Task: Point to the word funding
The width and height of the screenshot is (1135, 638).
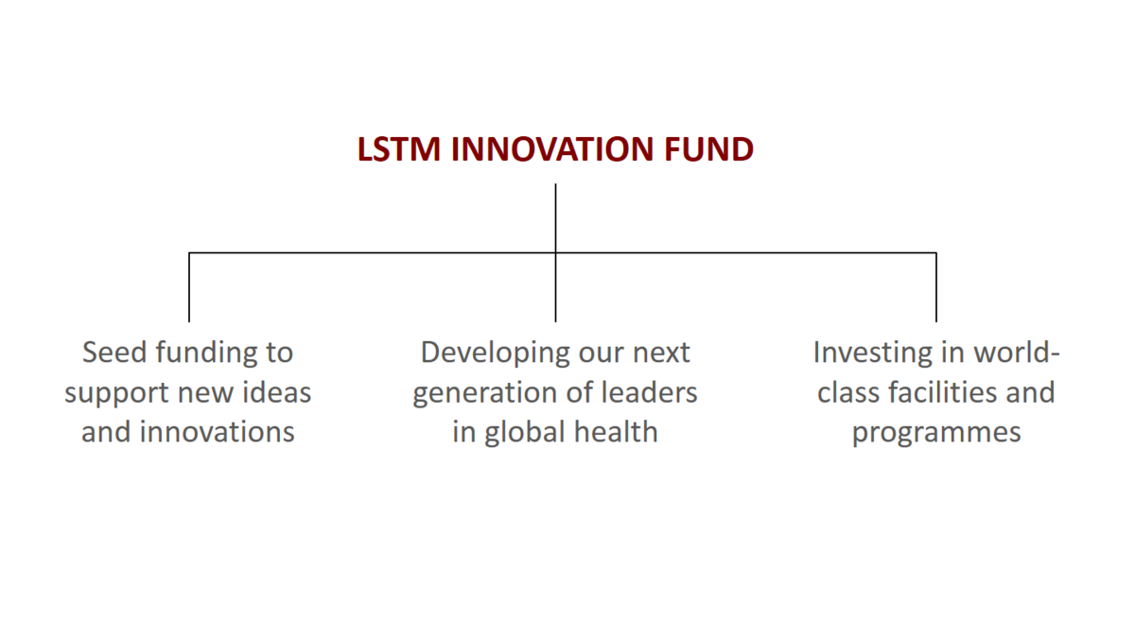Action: click(x=206, y=353)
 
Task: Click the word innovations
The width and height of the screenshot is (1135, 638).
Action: click(x=217, y=432)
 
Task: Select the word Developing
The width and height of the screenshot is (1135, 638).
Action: click(x=495, y=353)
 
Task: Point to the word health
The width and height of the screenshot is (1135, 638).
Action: click(x=616, y=432)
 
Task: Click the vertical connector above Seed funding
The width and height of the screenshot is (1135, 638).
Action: click(x=189, y=287)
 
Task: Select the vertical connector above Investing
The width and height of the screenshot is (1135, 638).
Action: click(x=935, y=287)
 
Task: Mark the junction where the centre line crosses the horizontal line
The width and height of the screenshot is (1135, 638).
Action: click(x=555, y=252)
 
